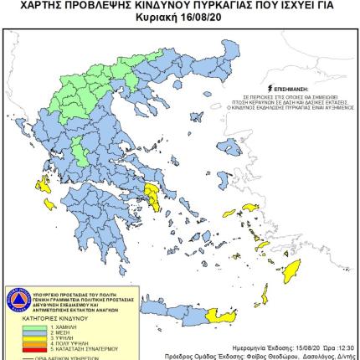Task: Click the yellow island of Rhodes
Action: [291, 270]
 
